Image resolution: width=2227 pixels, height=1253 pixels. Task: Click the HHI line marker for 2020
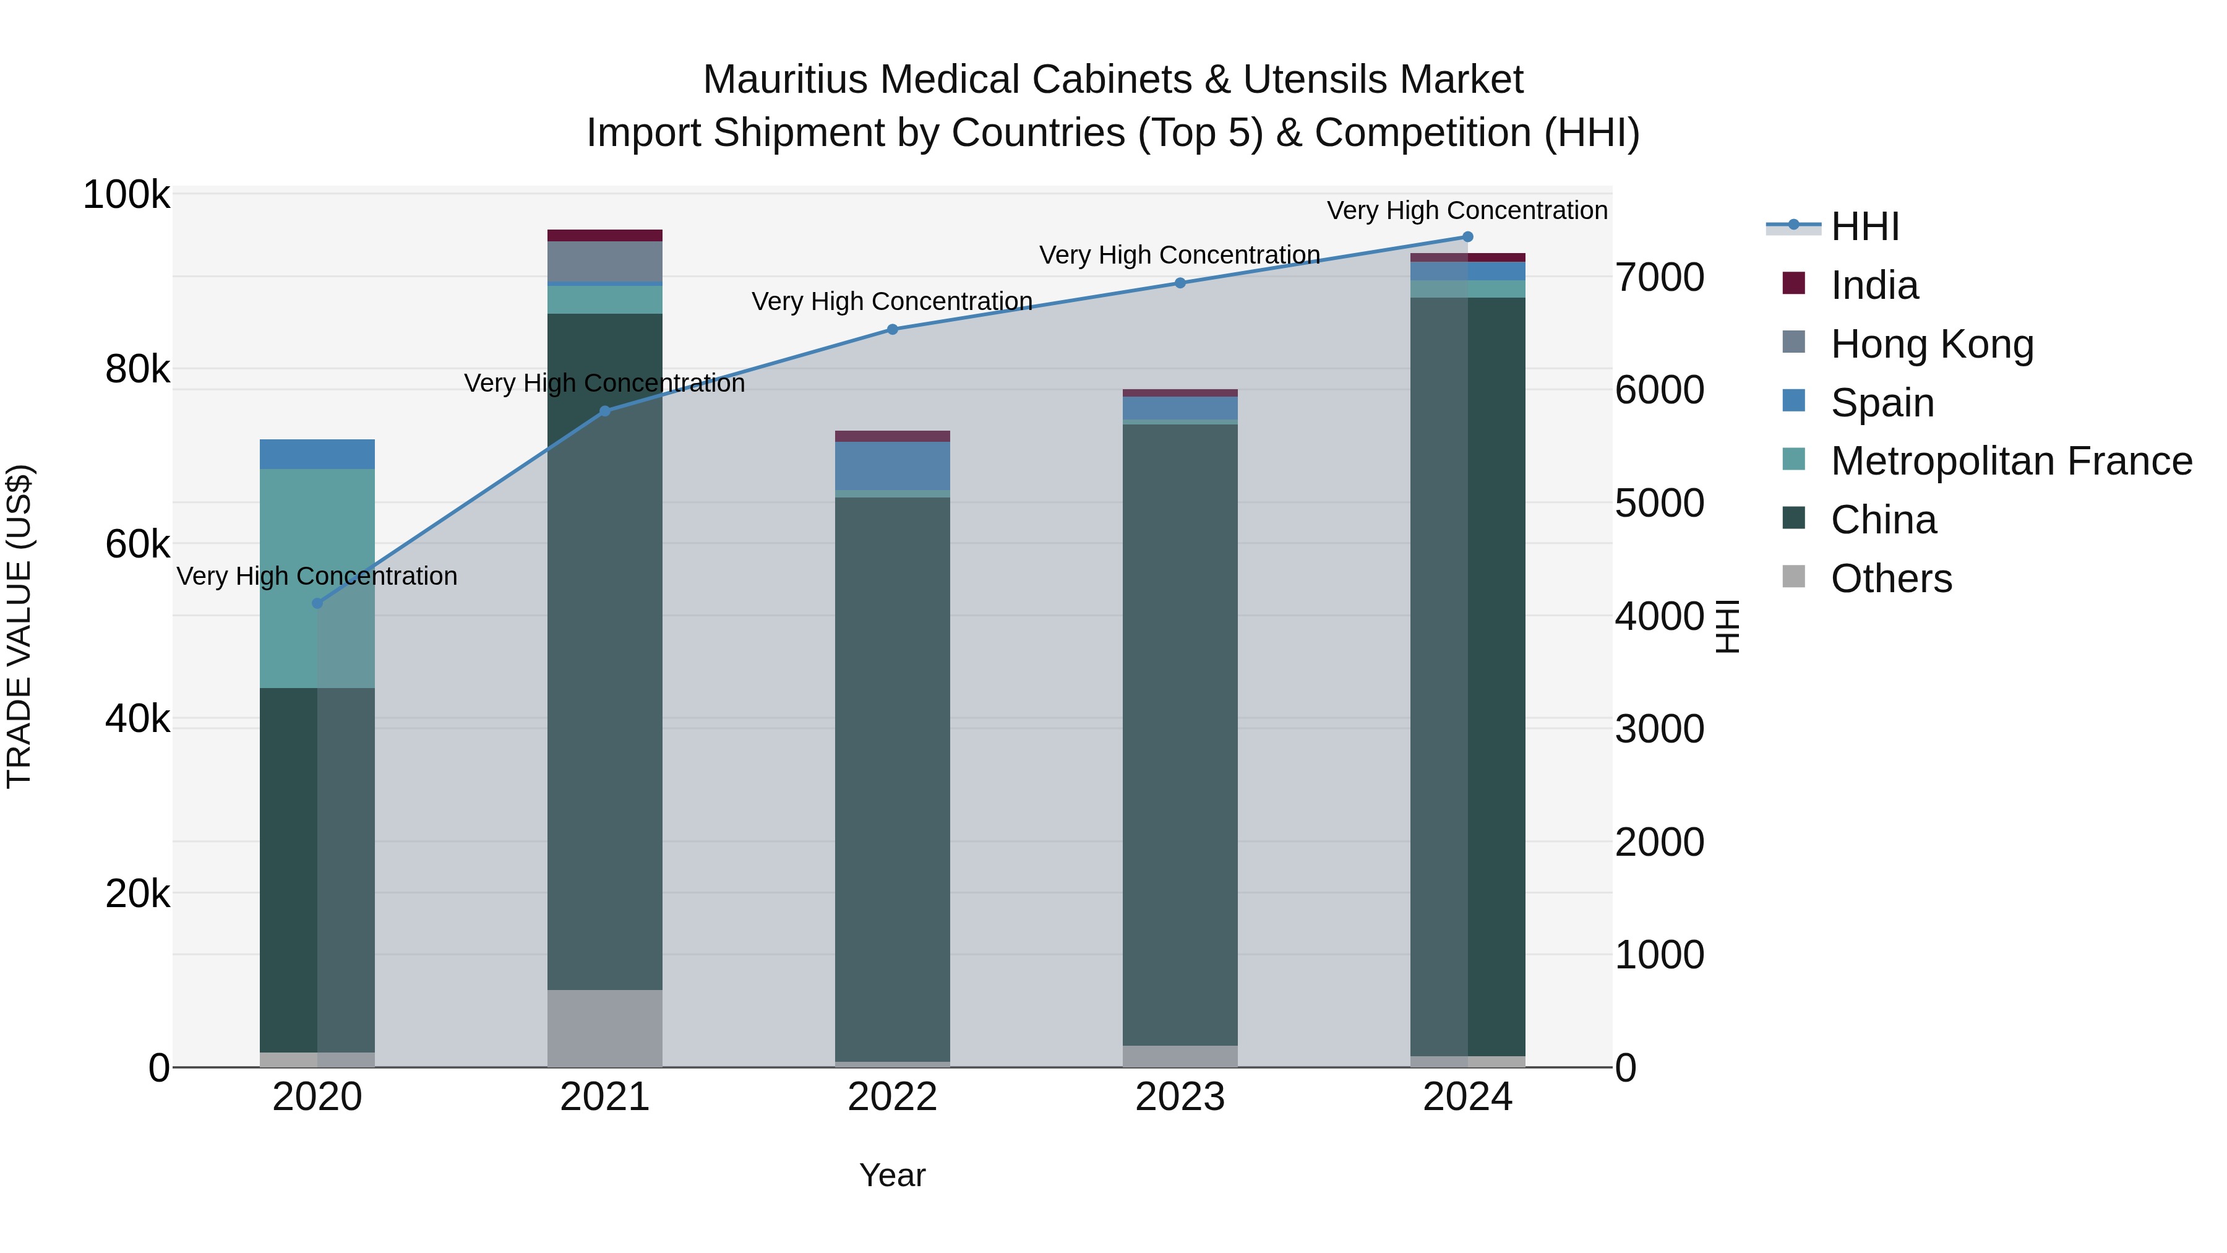pos(317,603)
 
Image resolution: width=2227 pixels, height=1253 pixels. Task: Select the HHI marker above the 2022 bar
pos(892,329)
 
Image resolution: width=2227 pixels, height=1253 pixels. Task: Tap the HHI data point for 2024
pos(1467,236)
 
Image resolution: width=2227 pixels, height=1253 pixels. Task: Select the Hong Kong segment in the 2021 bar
pos(604,261)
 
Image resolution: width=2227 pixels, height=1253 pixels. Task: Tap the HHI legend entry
pos(1864,226)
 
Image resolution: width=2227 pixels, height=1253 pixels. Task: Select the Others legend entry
pos(1890,579)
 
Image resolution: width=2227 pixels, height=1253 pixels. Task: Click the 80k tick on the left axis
pos(137,369)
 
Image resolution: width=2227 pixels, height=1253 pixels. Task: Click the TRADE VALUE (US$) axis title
pos(20,626)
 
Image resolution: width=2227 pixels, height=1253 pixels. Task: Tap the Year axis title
pos(892,1175)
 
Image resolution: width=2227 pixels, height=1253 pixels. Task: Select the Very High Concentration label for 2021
pos(604,383)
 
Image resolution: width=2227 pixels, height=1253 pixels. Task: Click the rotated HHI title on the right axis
pos(1727,626)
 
